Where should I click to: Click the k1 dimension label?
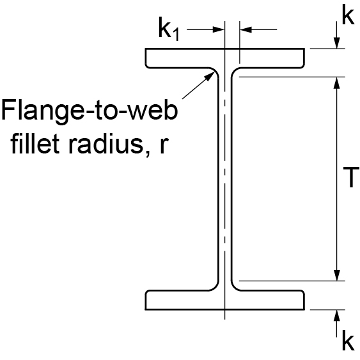tap(169, 31)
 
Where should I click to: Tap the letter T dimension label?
tap(351, 176)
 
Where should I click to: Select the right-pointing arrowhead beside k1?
tap(218, 29)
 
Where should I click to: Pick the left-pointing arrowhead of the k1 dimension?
tap(246, 29)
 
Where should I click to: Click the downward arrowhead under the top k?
tap(337, 43)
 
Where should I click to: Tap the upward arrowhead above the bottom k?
tap(337, 316)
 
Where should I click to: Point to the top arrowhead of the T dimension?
tap(337, 83)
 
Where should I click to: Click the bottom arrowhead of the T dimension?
tap(337, 275)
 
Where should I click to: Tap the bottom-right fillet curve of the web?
tap(234, 288)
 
